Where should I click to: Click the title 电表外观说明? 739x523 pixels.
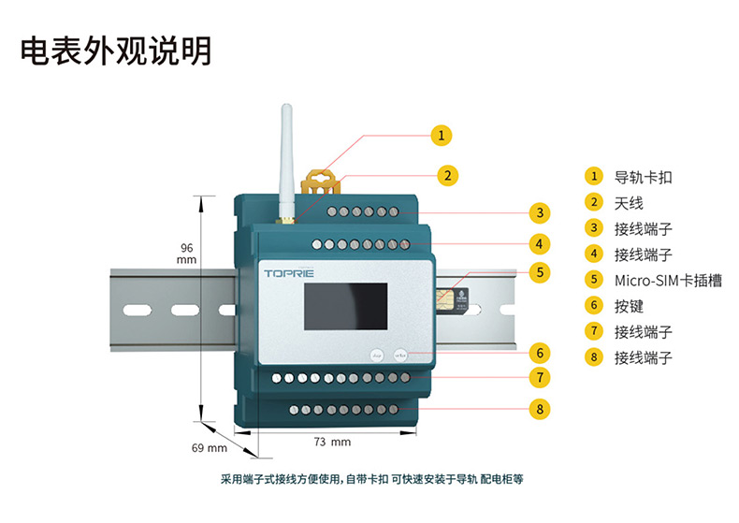coord(116,51)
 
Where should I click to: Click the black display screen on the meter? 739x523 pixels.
coord(345,307)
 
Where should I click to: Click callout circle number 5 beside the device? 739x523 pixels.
coord(540,273)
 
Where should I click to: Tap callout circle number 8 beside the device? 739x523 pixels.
coord(539,408)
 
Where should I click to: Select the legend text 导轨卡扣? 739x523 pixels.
coord(643,177)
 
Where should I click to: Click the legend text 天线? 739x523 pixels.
coord(629,202)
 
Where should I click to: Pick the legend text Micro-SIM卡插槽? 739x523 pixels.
coord(667,280)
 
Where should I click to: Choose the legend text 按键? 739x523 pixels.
coord(629,306)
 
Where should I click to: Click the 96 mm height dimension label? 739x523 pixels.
coord(187,254)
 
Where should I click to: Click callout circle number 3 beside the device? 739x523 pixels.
coord(540,211)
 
